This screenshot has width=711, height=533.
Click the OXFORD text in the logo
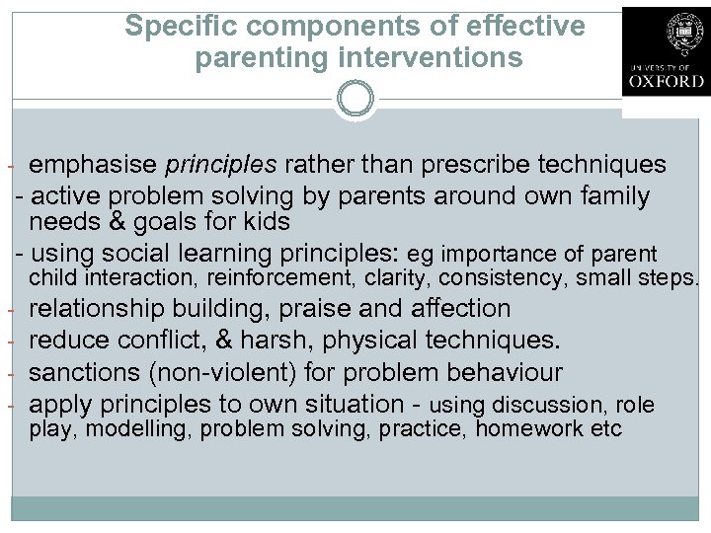coord(667,81)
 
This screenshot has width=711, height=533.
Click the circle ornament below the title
coord(355,99)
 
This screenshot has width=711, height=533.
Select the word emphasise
coord(94,164)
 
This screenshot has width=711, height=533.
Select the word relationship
coord(96,309)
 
